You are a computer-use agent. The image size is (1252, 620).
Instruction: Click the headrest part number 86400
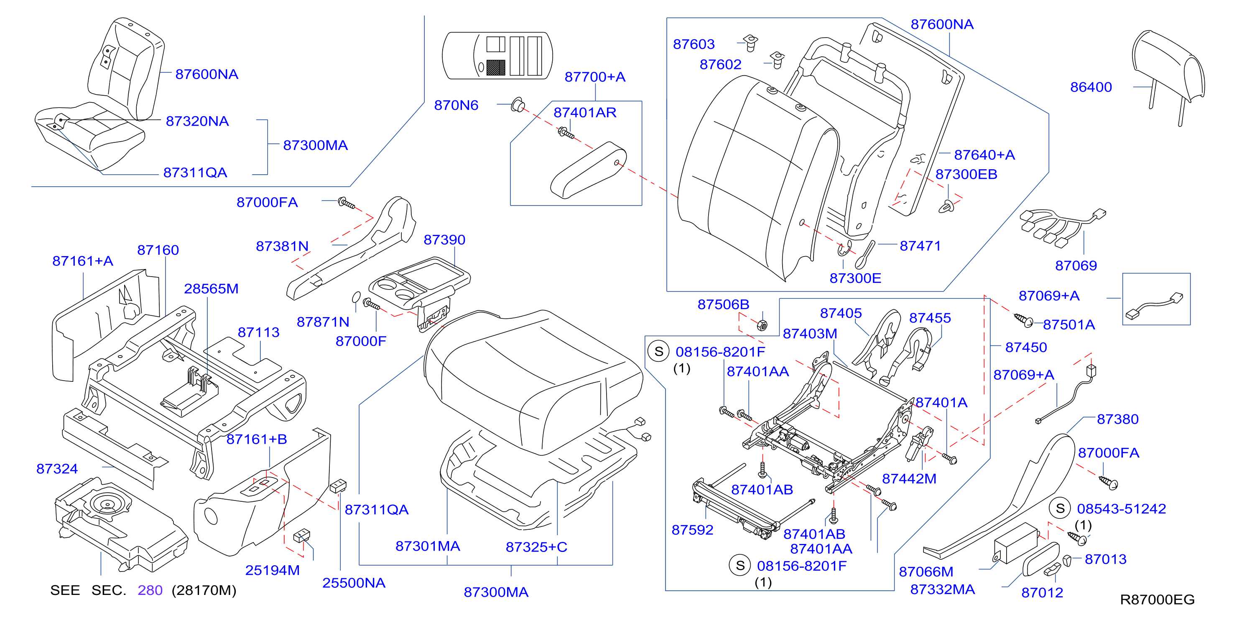click(x=1091, y=87)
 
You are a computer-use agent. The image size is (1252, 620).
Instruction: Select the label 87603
click(x=694, y=44)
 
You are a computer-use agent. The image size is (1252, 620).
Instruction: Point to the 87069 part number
click(x=1076, y=265)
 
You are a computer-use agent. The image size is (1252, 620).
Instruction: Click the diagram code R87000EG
click(x=1157, y=599)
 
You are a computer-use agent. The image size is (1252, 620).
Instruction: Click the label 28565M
click(x=211, y=289)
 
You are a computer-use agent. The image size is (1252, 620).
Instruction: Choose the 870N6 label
click(x=456, y=105)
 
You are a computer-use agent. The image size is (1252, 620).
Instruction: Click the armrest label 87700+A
click(x=595, y=77)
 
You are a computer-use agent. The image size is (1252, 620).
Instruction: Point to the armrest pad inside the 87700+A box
click(x=588, y=170)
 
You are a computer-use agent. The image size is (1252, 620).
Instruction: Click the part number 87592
click(x=692, y=530)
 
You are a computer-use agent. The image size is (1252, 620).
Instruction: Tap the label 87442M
click(x=909, y=479)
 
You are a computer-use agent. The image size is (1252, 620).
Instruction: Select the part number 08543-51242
click(x=1121, y=509)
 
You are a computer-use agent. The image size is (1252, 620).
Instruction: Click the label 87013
click(x=1105, y=559)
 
